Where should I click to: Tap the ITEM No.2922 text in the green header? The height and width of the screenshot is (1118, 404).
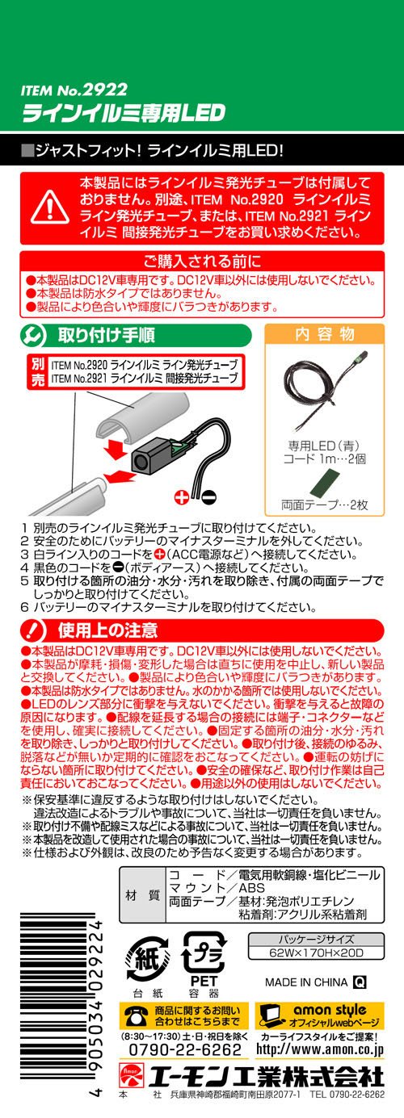pos(74,90)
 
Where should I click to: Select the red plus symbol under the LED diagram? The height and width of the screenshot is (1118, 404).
pos(182,496)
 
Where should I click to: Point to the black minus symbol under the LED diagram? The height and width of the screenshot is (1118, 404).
pos(209,496)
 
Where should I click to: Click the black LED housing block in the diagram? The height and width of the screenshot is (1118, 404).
pos(149,458)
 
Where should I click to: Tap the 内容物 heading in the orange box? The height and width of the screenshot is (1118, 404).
pos(325,334)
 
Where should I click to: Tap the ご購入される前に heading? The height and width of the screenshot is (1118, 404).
pos(202,261)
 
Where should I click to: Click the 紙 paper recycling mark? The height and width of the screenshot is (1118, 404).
pos(145,959)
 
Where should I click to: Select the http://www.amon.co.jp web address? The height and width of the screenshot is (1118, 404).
pos(320,1049)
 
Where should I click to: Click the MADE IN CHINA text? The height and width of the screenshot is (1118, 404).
pos(306,982)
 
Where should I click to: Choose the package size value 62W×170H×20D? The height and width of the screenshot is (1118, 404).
pos(317,953)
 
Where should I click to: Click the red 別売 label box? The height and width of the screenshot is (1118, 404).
pos(38,372)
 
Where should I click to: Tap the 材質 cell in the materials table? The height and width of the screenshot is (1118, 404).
pos(142,895)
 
